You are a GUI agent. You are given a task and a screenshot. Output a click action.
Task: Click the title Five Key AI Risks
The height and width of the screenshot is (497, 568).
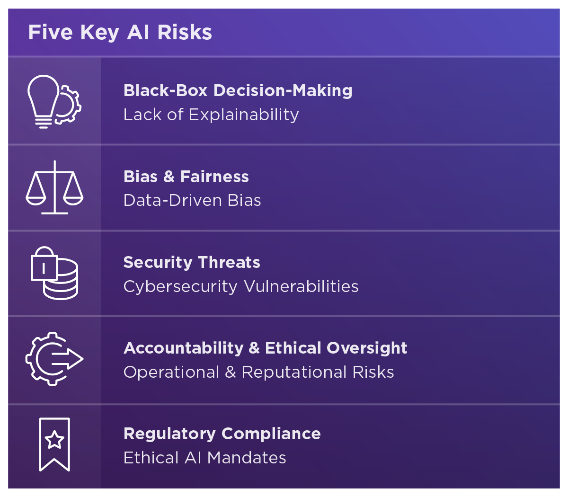120,33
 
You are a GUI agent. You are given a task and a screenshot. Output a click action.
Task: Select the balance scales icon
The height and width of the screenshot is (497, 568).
55,187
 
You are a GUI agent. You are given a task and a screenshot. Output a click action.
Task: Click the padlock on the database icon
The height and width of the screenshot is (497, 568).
44,264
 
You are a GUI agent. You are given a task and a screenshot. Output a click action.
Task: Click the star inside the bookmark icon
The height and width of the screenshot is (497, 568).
54,440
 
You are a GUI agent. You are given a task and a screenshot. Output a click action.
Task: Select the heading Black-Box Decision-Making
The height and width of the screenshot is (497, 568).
238,91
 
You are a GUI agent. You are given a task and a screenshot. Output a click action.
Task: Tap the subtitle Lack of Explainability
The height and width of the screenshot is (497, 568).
211,115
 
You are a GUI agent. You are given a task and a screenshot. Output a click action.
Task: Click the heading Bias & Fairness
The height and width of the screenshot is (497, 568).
186,177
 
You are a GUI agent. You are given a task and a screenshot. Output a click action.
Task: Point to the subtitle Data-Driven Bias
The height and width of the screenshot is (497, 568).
192,200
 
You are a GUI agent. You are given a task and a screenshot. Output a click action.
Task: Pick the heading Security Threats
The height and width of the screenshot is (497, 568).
192,263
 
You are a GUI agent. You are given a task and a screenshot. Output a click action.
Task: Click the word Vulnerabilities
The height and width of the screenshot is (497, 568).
301,286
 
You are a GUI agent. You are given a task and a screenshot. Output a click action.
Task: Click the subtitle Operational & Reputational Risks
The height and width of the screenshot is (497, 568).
259,372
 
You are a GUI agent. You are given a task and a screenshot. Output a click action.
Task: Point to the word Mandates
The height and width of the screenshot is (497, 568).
247,458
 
